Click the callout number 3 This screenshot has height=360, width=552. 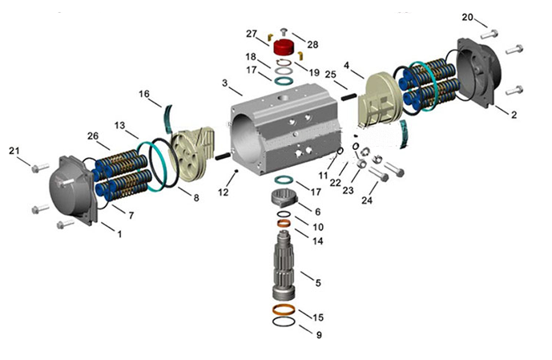pyautogui.click(x=227, y=83)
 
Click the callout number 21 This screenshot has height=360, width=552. pyautogui.click(x=14, y=151)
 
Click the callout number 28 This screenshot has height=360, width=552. pyautogui.click(x=312, y=44)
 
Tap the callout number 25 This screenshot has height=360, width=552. pyautogui.click(x=329, y=75)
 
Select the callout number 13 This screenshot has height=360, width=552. pyautogui.click(x=119, y=125)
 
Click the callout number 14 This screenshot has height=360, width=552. pyautogui.click(x=318, y=241)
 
